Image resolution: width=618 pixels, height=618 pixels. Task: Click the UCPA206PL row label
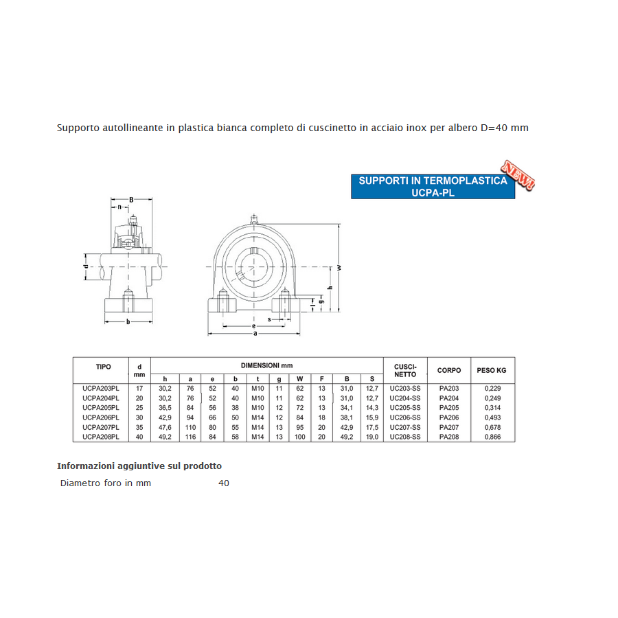click(100, 417)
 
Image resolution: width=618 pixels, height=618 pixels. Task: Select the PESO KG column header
click(492, 371)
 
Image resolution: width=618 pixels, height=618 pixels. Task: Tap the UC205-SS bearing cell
click(404, 408)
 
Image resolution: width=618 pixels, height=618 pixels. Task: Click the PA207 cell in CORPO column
click(449, 427)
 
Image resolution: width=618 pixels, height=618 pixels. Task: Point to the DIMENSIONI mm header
click(266, 366)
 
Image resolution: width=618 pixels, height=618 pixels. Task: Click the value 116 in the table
click(190, 437)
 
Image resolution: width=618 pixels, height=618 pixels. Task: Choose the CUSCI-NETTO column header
click(404, 371)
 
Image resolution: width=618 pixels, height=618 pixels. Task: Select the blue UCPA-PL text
click(433, 193)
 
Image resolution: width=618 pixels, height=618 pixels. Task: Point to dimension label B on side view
click(130, 200)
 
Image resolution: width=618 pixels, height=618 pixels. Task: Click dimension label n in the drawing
click(119, 207)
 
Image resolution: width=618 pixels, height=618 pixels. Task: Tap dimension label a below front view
click(255, 334)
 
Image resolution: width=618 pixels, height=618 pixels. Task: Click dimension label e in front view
click(253, 325)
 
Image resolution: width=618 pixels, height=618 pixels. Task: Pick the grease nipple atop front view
click(255, 220)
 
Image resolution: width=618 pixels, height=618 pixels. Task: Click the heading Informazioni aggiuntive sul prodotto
click(139, 466)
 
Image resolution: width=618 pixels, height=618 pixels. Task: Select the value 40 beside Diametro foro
click(224, 483)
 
